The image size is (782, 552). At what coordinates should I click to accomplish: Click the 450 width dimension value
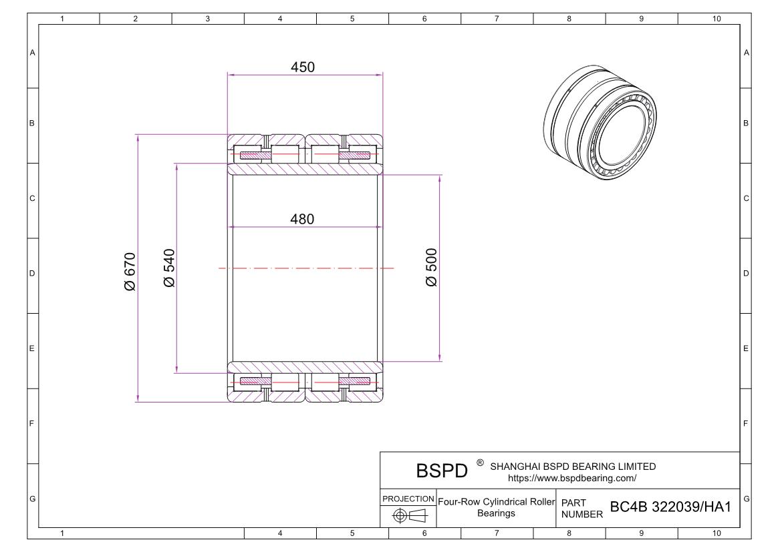pos(302,67)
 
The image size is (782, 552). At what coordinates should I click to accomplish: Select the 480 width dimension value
pos(302,219)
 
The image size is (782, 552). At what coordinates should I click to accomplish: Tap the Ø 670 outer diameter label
pos(130,272)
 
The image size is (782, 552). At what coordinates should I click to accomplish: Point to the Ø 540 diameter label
pos(169,268)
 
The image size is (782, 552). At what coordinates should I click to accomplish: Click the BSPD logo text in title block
pos(442,471)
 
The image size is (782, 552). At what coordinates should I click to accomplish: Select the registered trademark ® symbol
pos(479,463)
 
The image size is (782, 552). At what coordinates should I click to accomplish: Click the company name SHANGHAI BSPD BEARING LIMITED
pos(573,467)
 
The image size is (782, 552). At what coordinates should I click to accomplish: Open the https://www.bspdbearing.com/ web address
pos(572,478)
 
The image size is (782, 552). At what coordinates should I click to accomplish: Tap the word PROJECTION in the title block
pos(408,499)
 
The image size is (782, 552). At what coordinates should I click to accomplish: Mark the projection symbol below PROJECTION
pos(408,515)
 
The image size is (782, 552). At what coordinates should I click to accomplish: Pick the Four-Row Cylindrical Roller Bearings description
pos(496,507)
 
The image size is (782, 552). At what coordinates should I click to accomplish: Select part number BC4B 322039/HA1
pos(670,507)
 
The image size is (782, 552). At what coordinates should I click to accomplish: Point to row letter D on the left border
pos(32,274)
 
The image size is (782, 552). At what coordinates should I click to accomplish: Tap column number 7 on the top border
pos(497,19)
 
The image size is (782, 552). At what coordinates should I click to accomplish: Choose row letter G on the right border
pos(746,499)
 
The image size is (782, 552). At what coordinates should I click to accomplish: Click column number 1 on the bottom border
pos(62,533)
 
